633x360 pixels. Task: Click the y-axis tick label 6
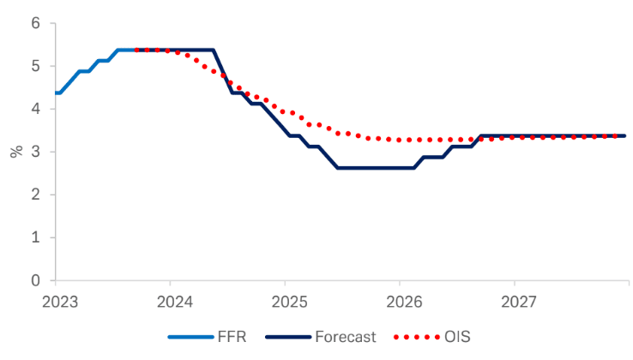click(x=35, y=23)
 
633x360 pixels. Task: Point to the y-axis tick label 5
click(x=35, y=66)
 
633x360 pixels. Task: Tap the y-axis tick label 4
click(x=35, y=109)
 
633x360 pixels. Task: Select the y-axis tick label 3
click(x=35, y=152)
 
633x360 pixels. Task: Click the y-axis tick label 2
click(x=35, y=195)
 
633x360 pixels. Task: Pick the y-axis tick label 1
click(x=35, y=237)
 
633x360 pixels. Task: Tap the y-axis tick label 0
click(x=35, y=280)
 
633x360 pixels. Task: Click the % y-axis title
click(x=15, y=152)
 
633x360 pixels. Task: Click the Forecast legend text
click(x=347, y=337)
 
